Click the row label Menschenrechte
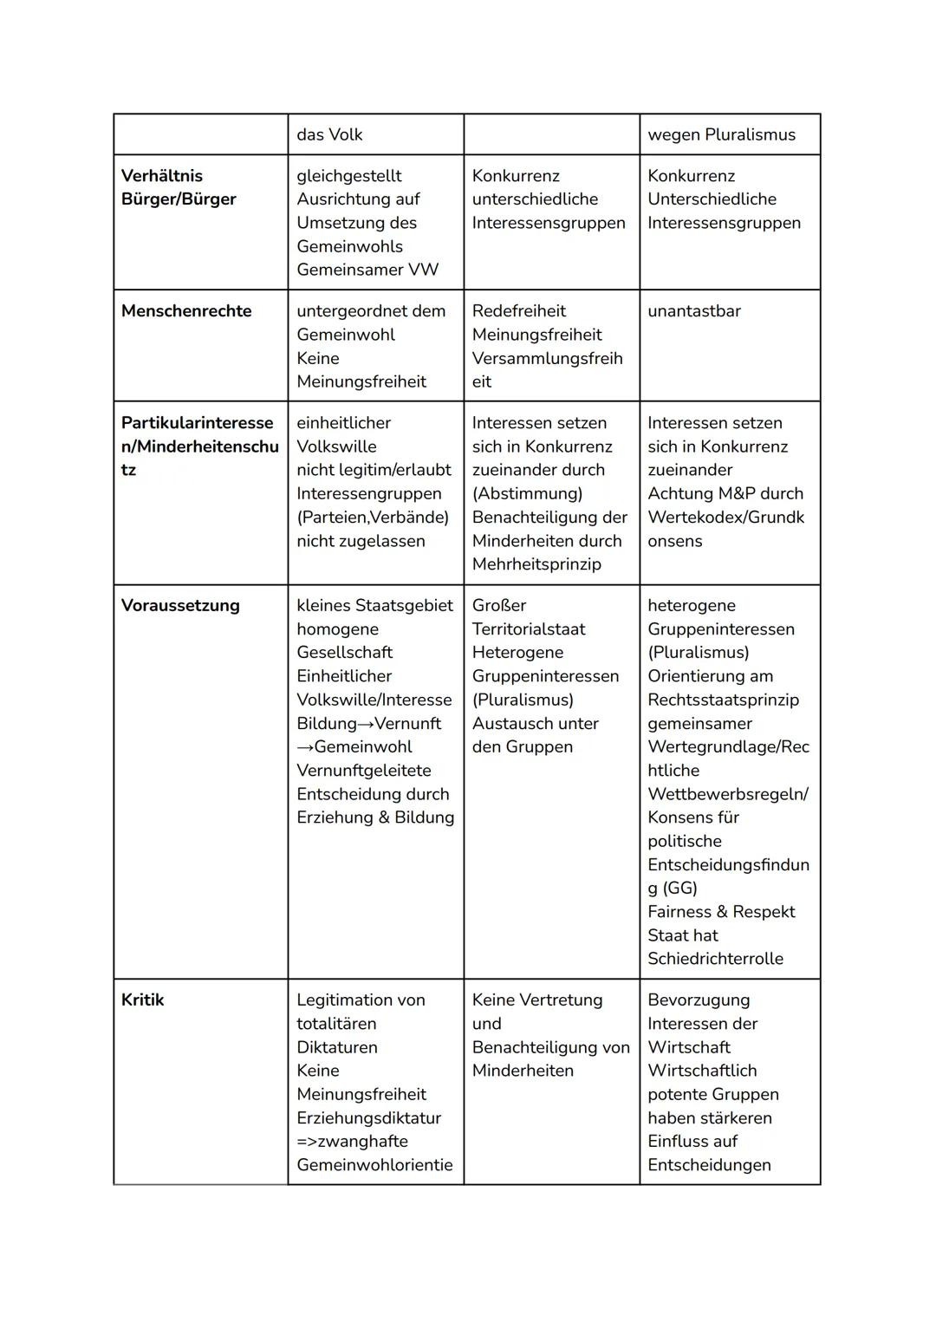pyautogui.click(x=186, y=311)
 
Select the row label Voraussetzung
pyautogui.click(x=180, y=605)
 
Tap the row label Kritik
pyautogui.click(x=142, y=1000)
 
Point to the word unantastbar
pyautogui.click(x=694, y=311)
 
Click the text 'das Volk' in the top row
pyautogui.click(x=329, y=134)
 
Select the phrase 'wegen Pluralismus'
pyautogui.click(x=721, y=134)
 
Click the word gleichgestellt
pyautogui.click(x=349, y=176)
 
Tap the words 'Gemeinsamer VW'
pyautogui.click(x=367, y=270)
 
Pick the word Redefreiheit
pyautogui.click(x=518, y=311)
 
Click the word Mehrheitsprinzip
pyautogui.click(x=536, y=564)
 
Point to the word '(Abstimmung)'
pyautogui.click(x=527, y=493)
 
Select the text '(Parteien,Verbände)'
pyautogui.click(x=373, y=518)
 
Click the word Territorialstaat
pyautogui.click(x=529, y=629)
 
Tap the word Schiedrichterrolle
pyautogui.click(x=715, y=959)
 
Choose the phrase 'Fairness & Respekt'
pyautogui.click(x=721, y=912)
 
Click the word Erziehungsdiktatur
pyautogui.click(x=368, y=1118)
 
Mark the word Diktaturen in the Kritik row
pyautogui.click(x=337, y=1047)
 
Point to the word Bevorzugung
pyautogui.click(x=699, y=1000)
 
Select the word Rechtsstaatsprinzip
pyautogui.click(x=723, y=700)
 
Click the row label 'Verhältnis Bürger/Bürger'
pyautogui.click(x=179, y=187)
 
